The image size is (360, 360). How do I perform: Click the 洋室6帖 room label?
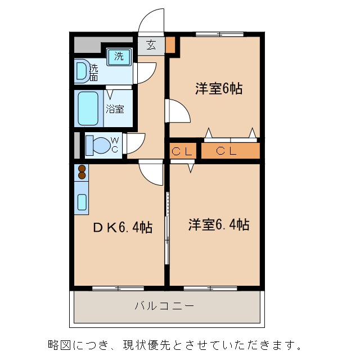219,89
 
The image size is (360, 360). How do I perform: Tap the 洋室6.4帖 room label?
219,225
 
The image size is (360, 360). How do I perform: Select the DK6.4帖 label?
122,227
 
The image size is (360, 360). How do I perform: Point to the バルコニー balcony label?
164,307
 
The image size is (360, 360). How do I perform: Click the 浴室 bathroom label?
116,109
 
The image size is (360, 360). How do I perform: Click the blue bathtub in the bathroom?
88,108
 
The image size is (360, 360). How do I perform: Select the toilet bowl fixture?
97,145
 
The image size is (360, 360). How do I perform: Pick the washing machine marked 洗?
119,56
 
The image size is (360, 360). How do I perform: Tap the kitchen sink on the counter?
82,202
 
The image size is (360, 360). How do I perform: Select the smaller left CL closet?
183,151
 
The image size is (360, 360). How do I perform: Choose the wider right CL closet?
230,151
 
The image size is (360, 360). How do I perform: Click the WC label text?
114,144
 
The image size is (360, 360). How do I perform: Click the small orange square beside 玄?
170,44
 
